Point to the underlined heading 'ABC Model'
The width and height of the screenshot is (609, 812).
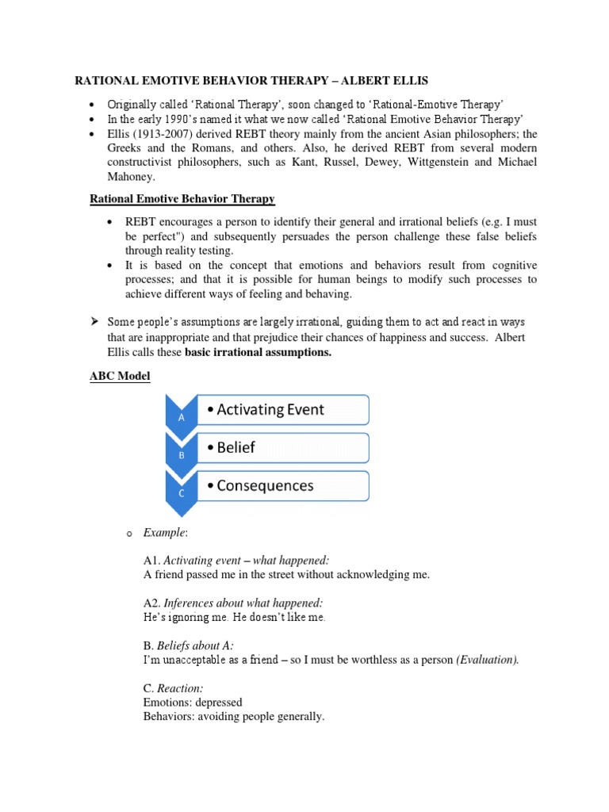pyautogui.click(x=119, y=377)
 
